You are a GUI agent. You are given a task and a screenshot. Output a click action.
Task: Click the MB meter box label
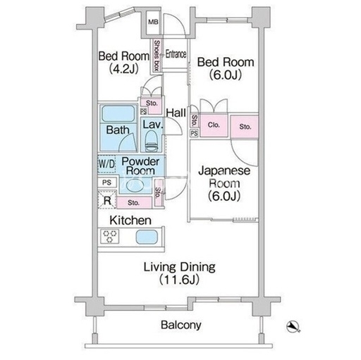153,23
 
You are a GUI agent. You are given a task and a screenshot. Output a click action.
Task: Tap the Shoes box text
157,56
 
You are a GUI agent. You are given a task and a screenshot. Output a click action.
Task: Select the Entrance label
176,54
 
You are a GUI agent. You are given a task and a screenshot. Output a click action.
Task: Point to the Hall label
176,113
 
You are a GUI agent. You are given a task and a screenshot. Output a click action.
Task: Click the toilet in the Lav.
151,141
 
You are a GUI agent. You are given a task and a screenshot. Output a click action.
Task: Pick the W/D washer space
106,164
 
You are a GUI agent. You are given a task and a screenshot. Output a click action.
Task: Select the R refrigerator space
107,199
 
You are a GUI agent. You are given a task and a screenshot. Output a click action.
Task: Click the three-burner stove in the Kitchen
110,236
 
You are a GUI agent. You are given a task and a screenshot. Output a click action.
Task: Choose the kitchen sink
147,237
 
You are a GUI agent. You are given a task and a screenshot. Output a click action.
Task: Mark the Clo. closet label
214,125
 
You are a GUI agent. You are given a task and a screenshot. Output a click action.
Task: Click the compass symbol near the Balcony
293,327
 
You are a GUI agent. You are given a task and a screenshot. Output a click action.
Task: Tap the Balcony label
181,325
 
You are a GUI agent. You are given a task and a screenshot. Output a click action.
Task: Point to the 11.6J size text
179,280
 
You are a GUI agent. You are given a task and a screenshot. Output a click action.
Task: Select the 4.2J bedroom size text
123,69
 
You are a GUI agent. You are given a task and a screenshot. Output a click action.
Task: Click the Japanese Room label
224,177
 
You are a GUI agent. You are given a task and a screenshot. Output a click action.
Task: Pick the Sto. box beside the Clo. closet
245,127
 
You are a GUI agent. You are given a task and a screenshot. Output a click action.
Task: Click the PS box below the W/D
107,182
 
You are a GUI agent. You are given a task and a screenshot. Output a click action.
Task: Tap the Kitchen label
130,221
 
